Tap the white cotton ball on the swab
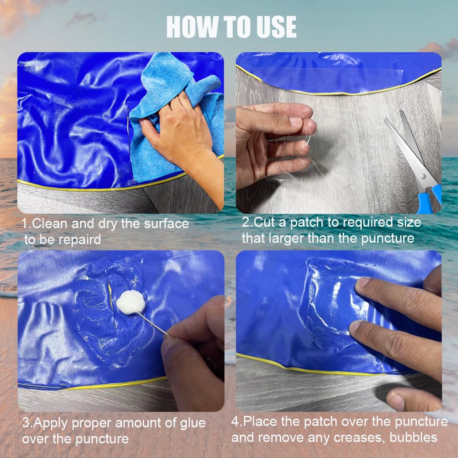(x=131, y=302)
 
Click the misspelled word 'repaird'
(x=80, y=240)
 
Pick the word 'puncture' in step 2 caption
(x=387, y=239)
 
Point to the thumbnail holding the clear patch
(x=295, y=121)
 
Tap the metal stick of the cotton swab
(x=153, y=324)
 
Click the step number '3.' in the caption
(x=27, y=423)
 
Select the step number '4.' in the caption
(x=237, y=422)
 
